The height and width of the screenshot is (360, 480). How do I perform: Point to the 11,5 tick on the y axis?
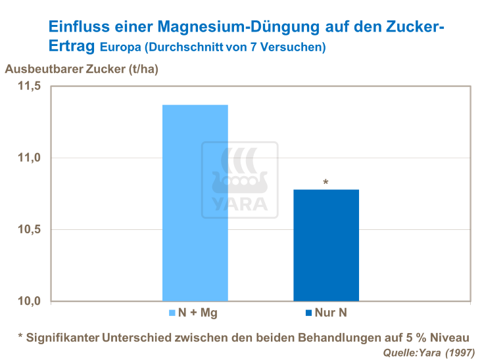(29, 86)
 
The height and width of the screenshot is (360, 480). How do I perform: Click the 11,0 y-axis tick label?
(29, 158)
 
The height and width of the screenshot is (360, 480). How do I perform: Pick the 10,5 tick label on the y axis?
(29, 229)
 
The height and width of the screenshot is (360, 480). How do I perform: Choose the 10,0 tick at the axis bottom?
(29, 301)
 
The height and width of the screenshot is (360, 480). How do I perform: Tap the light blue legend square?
(173, 313)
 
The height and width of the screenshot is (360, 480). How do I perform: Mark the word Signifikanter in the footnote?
(62, 338)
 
